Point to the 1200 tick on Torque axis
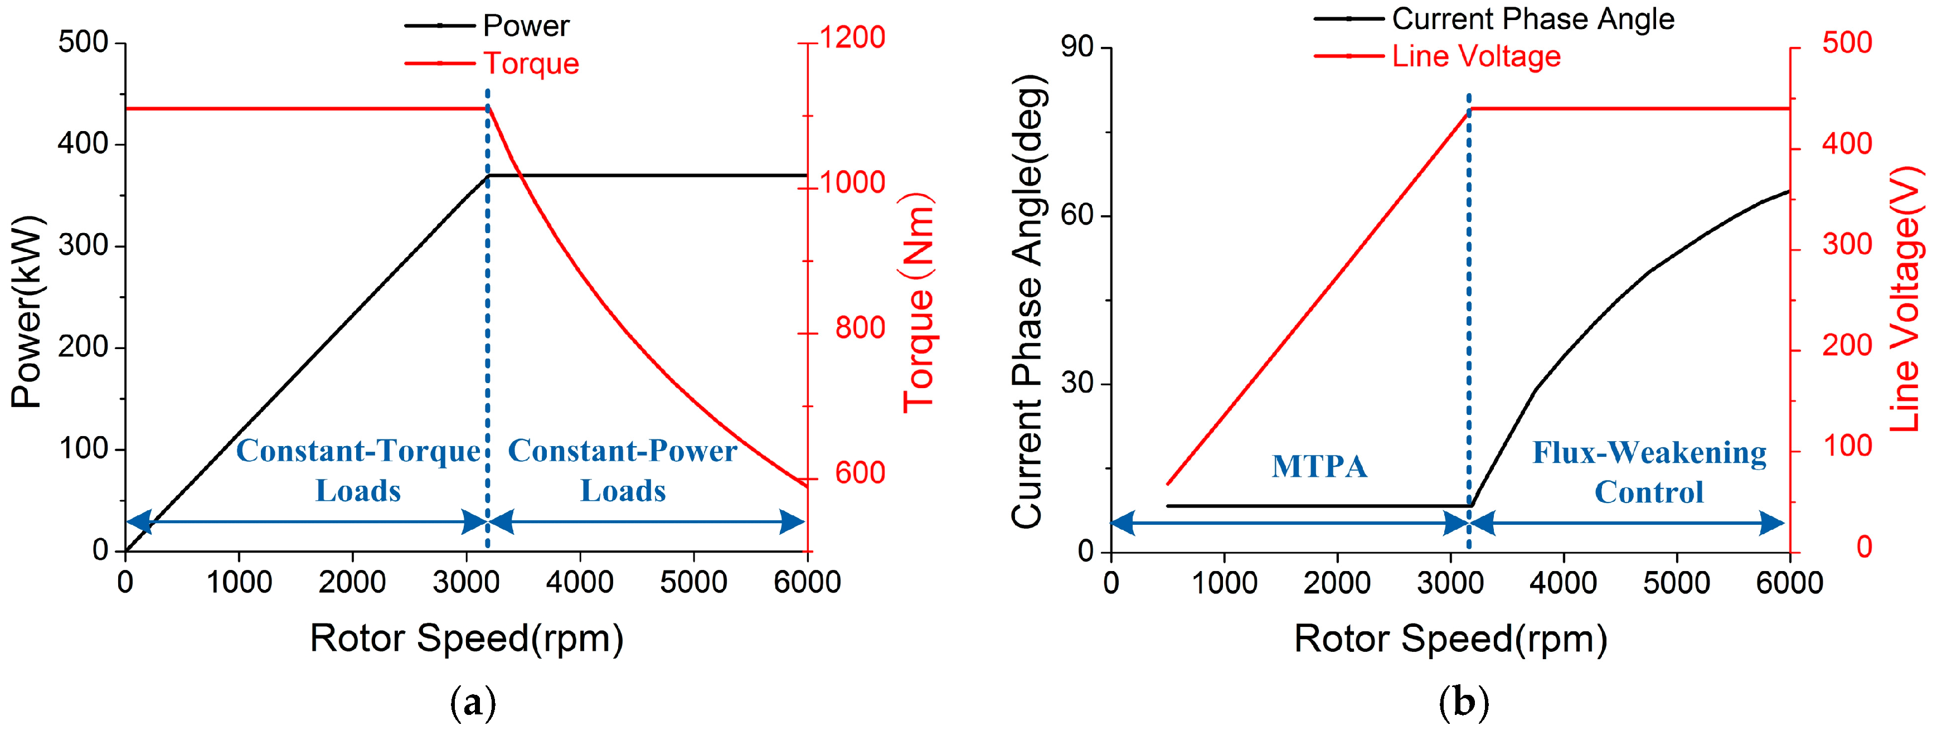(852, 37)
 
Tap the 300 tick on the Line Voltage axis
(1846, 245)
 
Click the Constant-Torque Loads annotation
(358, 470)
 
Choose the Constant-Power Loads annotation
(623, 470)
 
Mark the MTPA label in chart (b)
(1319, 466)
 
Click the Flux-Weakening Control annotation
(1649, 472)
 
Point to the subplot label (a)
(473, 703)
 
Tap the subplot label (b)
(1463, 703)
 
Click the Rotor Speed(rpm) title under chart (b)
(1450, 639)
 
